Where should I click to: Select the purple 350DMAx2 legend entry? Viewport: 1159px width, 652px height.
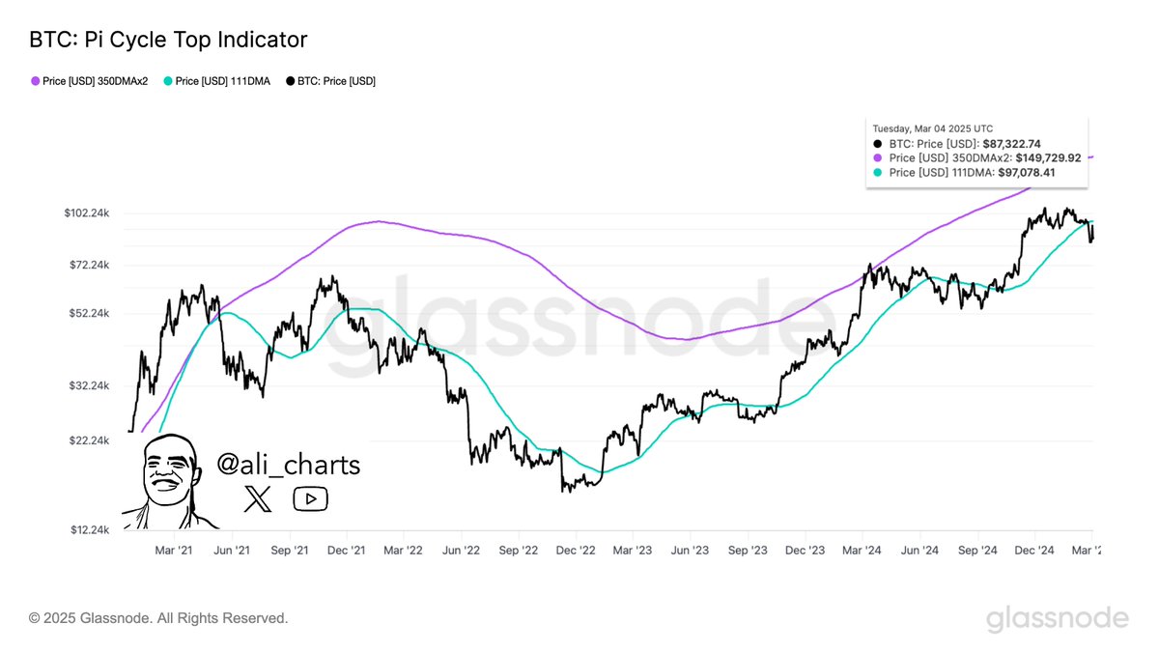[95, 81]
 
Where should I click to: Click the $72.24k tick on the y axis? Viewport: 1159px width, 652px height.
[89, 265]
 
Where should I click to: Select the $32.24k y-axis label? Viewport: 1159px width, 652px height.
[89, 385]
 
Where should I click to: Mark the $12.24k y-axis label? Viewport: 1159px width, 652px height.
[89, 529]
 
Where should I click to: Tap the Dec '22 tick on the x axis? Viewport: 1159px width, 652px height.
[576, 551]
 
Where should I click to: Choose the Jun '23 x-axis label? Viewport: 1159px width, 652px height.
[690, 551]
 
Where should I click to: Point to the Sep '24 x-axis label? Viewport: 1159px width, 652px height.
[977, 551]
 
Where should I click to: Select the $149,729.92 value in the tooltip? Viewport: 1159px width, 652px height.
[1055, 157]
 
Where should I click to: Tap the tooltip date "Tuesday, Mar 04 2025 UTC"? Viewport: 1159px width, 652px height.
[932, 128]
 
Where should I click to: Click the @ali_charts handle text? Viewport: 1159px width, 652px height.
[288, 465]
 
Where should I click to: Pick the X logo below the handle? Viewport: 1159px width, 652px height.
[258, 498]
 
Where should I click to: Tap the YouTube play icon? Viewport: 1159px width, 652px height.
[310, 498]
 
